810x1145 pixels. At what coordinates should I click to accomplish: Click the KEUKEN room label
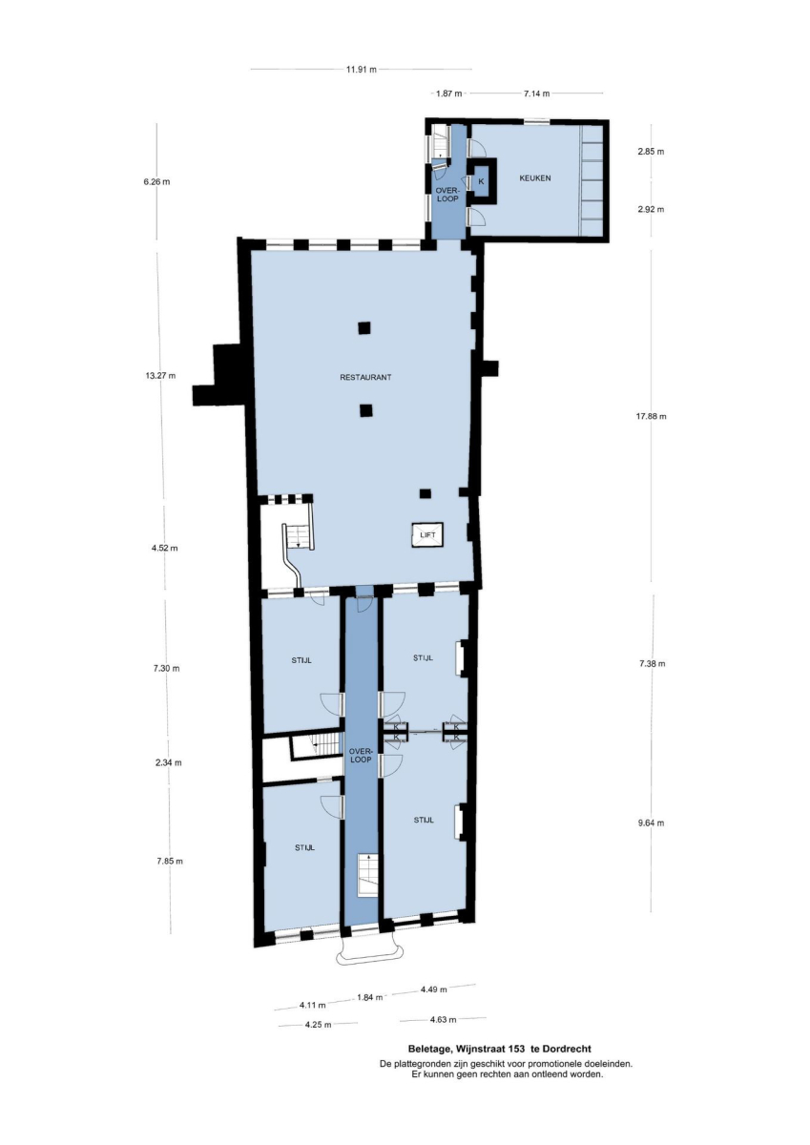pos(535,178)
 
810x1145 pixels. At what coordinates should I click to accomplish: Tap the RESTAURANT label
pos(366,378)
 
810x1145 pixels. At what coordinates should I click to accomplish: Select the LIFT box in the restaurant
pos(427,535)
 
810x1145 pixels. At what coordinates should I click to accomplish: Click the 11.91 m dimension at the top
pos(362,70)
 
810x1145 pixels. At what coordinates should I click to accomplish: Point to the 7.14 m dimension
pos(536,94)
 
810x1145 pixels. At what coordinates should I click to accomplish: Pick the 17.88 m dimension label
pos(651,417)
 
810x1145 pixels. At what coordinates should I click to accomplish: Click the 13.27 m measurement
pos(160,376)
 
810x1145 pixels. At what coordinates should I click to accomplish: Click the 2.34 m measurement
pos(169,762)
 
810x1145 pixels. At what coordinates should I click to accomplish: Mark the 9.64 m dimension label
pos(651,822)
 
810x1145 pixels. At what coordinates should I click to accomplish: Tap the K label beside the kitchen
pos(481,181)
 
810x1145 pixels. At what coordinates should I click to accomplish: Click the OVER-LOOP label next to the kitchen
pos(447,195)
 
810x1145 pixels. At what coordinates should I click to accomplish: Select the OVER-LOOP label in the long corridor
pos(362,756)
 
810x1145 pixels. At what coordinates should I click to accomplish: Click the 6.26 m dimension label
pos(156,182)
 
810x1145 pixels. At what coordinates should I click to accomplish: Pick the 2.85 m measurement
pos(651,152)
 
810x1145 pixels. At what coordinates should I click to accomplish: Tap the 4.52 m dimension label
pos(164,549)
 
